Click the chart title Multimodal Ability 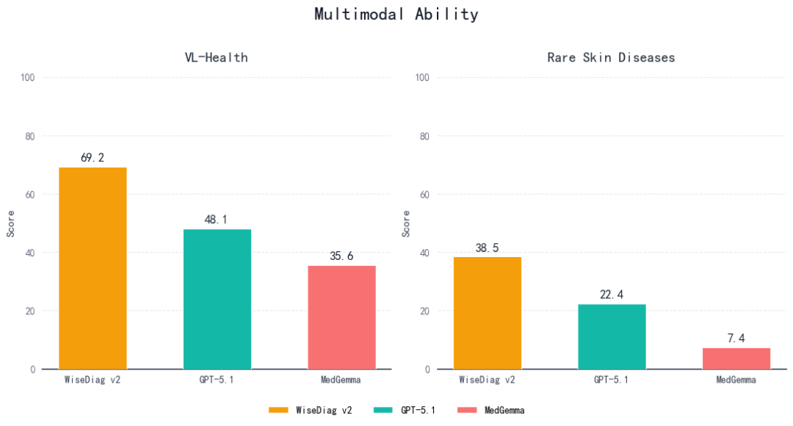pyautogui.click(x=396, y=14)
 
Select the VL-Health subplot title pyautogui.click(x=216, y=57)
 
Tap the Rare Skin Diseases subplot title pyautogui.click(x=611, y=57)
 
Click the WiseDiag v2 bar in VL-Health pyautogui.click(x=93, y=268)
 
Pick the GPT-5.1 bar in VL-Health pyautogui.click(x=217, y=299)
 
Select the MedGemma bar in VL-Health pyautogui.click(x=341, y=317)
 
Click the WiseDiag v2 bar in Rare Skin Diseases pyautogui.click(x=488, y=313)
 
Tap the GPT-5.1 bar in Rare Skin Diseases pyautogui.click(x=612, y=336)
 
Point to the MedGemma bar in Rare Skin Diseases pyautogui.click(x=736, y=358)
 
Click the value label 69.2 pyautogui.click(x=93, y=157)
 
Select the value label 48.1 pyautogui.click(x=217, y=219)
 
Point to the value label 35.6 pyautogui.click(x=341, y=256)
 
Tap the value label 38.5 pyautogui.click(x=488, y=248)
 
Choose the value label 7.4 pyautogui.click(x=736, y=338)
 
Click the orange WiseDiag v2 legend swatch pyautogui.click(x=279, y=411)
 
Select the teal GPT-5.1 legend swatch pyautogui.click(x=384, y=411)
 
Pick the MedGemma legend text pyautogui.click(x=504, y=411)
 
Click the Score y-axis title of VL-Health pyautogui.click(x=11, y=223)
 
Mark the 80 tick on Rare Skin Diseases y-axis pyautogui.click(x=424, y=136)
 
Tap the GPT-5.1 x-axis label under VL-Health pyautogui.click(x=217, y=380)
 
